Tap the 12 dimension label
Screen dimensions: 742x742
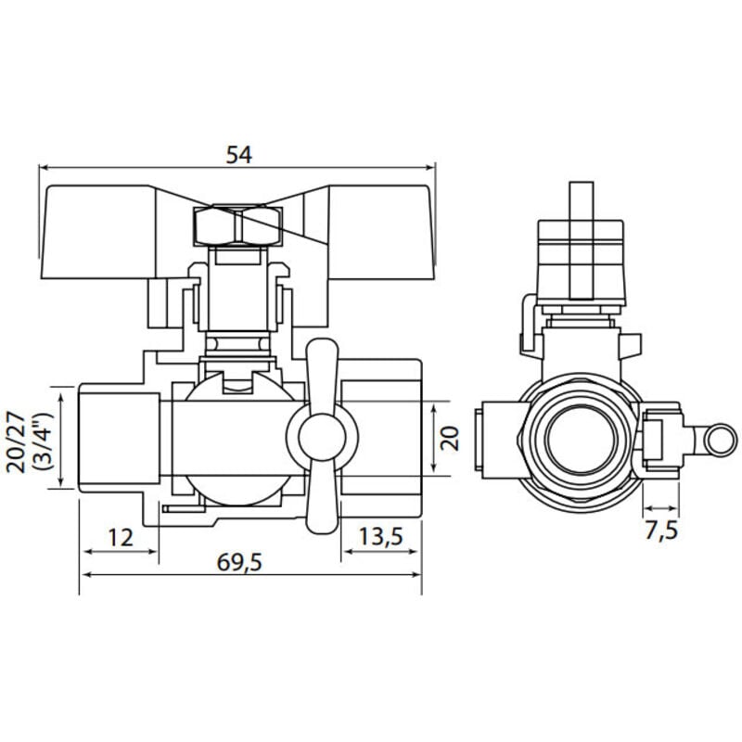tap(120, 537)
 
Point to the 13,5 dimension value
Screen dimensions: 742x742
tap(381, 537)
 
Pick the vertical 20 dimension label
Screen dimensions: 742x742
tap(450, 437)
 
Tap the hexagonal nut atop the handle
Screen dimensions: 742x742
tap(237, 224)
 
